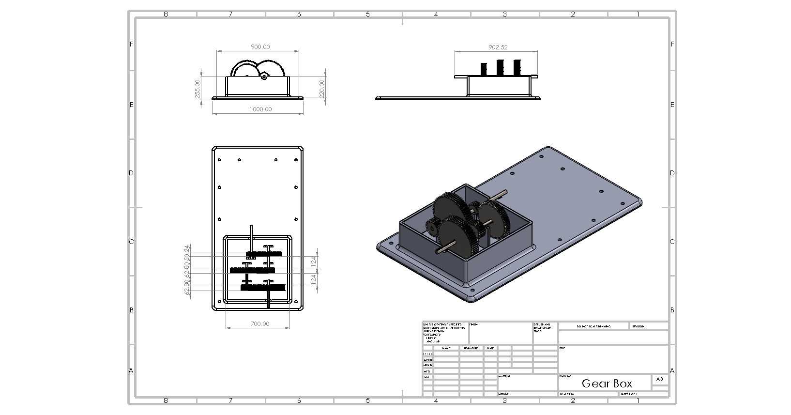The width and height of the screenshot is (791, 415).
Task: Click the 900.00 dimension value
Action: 260,47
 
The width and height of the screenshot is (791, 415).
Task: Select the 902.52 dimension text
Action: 498,47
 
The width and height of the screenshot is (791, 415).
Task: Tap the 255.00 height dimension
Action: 198,89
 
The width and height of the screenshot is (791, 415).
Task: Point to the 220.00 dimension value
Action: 321,89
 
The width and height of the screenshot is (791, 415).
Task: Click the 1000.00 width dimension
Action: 260,109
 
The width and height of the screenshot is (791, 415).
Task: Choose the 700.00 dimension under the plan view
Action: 260,323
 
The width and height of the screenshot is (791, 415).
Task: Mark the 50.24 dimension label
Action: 187,251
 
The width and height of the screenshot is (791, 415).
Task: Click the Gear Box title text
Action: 607,384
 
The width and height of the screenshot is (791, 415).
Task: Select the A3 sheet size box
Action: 659,379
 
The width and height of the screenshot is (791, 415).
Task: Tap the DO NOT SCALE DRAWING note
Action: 593,326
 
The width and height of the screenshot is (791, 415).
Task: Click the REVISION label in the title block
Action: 638,326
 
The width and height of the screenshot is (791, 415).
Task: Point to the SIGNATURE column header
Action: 471,348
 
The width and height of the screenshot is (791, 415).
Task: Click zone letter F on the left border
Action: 131,44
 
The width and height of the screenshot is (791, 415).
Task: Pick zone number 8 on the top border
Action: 166,15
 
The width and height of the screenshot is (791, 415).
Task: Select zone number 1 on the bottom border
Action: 638,400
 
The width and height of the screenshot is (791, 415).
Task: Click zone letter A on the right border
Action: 672,370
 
